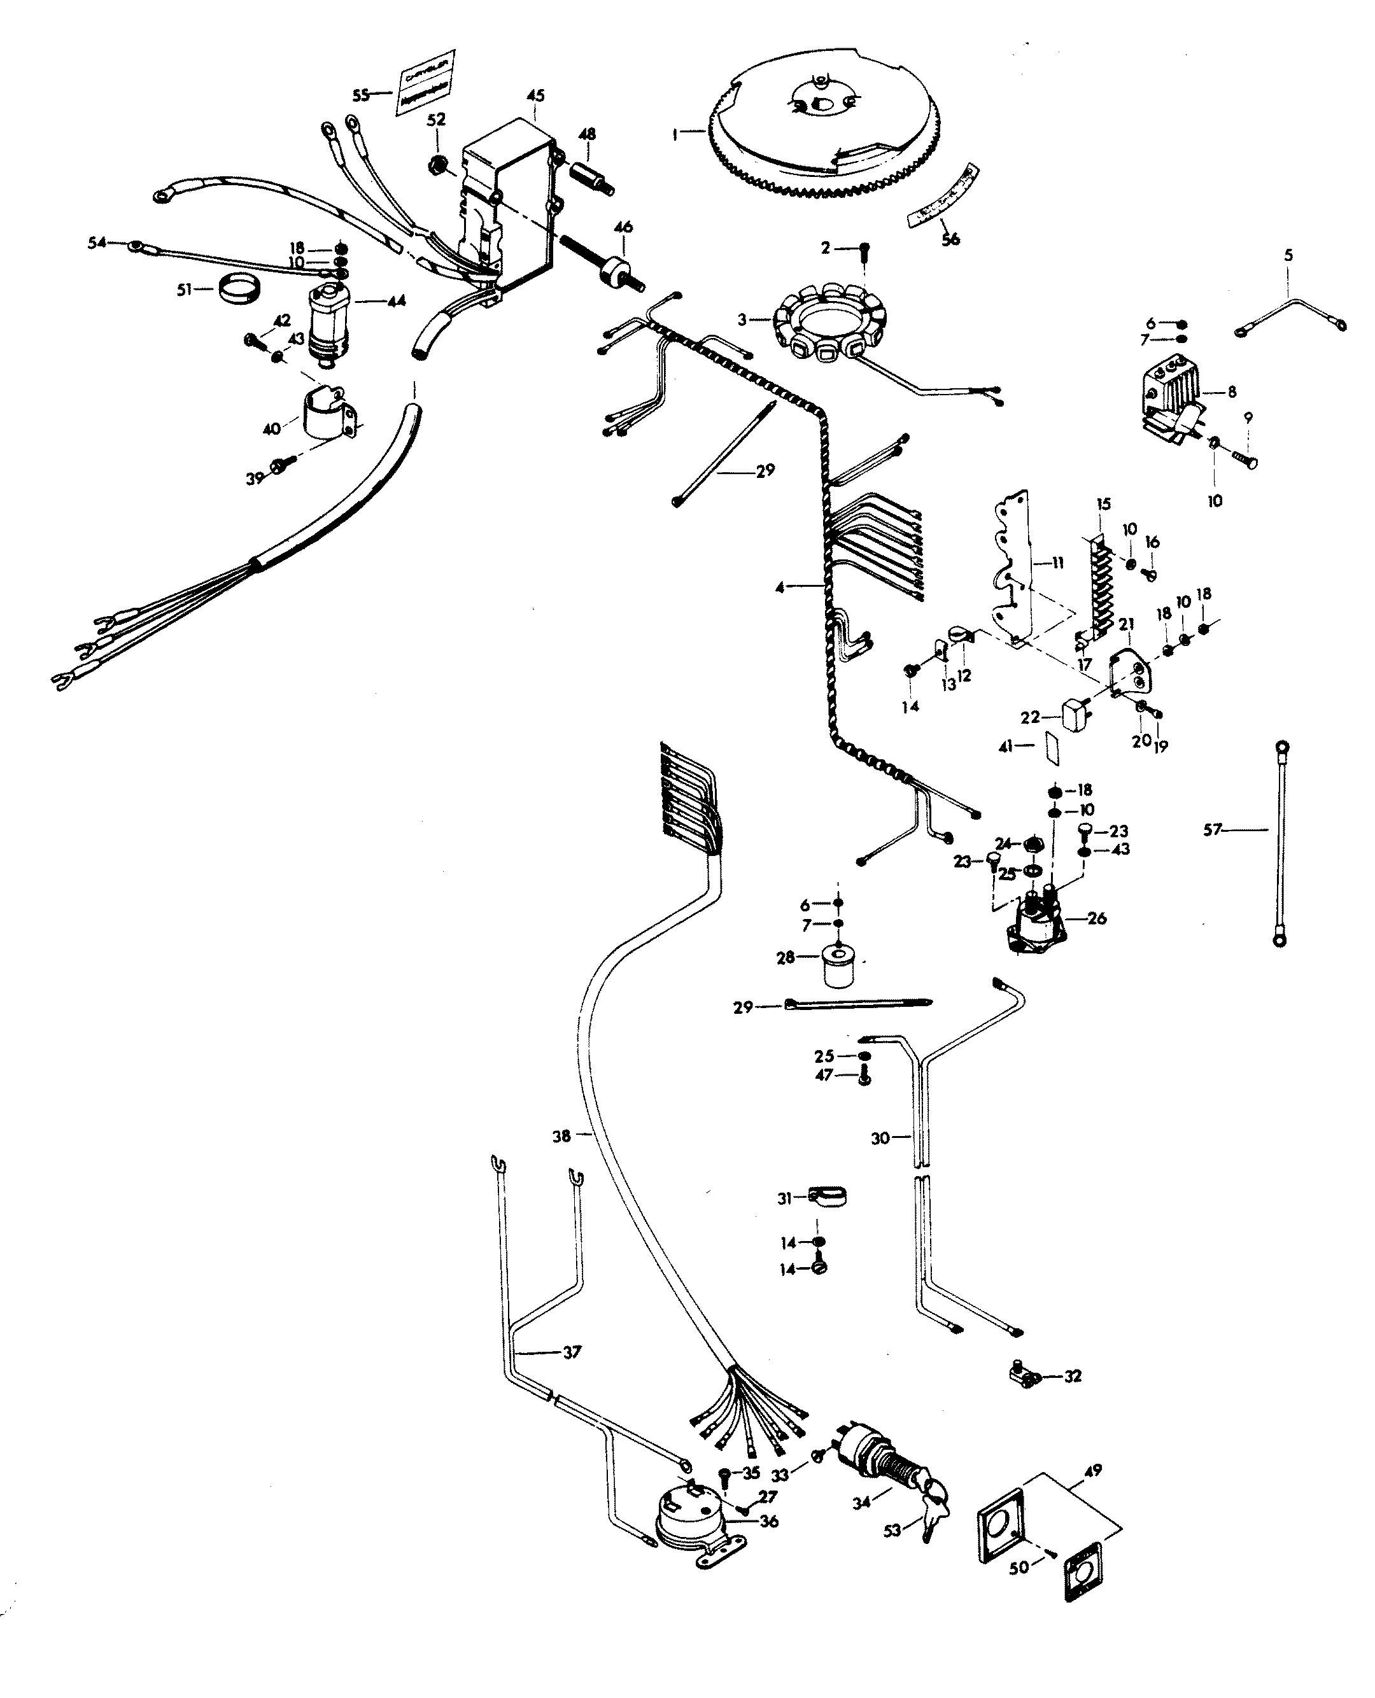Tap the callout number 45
point(535,96)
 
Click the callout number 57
point(1212,830)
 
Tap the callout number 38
point(561,1137)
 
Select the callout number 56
point(950,239)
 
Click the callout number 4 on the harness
point(780,587)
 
